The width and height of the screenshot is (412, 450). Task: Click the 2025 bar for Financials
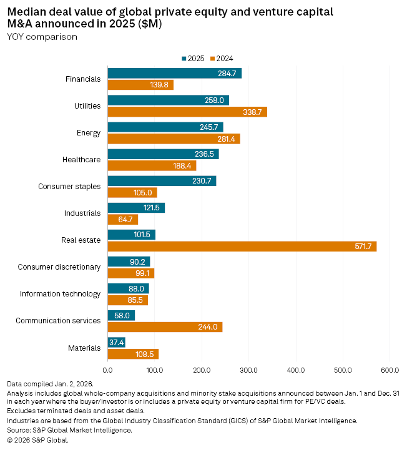(x=174, y=74)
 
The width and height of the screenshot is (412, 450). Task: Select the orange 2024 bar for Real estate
(x=242, y=247)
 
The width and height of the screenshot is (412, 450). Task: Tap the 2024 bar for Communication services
(x=165, y=327)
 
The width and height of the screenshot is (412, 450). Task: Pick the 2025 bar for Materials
(x=116, y=342)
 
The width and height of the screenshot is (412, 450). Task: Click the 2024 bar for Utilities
(x=187, y=112)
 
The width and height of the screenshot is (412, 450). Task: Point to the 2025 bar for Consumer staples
(x=162, y=181)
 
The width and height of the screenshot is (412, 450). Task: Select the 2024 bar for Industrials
(x=122, y=220)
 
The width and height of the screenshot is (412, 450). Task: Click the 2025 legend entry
(x=193, y=58)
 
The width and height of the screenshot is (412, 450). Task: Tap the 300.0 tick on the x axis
(x=248, y=371)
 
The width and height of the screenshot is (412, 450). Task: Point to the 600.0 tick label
(x=390, y=371)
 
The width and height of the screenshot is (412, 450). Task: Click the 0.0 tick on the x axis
(x=107, y=371)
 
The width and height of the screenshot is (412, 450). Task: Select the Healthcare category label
(x=81, y=160)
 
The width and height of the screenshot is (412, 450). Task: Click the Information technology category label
(x=60, y=294)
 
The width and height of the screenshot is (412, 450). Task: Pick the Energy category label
(x=88, y=133)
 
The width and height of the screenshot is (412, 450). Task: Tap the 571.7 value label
(x=363, y=247)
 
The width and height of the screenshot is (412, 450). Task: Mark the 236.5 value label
(x=205, y=154)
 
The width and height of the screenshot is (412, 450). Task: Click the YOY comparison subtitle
(x=42, y=37)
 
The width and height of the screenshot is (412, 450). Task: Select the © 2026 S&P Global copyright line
(x=37, y=439)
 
